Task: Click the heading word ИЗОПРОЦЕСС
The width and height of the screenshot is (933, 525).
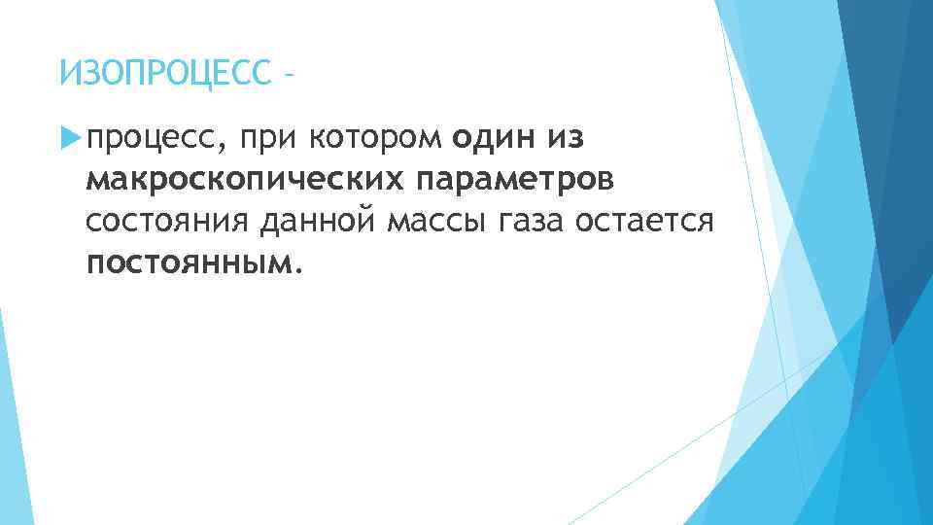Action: [x=160, y=72]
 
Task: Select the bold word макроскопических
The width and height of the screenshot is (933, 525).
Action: [x=247, y=181]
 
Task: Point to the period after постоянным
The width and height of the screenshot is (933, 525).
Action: [x=298, y=271]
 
